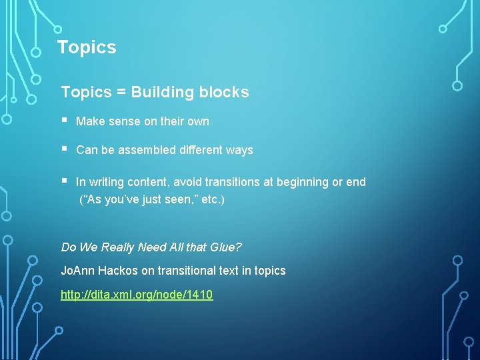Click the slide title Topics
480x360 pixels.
(x=87, y=47)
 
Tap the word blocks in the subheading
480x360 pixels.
(x=224, y=92)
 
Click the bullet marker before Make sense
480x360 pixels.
(x=64, y=121)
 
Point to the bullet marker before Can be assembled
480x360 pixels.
(x=64, y=149)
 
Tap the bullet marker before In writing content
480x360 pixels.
(x=64, y=181)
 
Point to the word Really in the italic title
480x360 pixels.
(x=117, y=247)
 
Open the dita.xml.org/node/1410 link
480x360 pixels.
(x=137, y=294)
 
